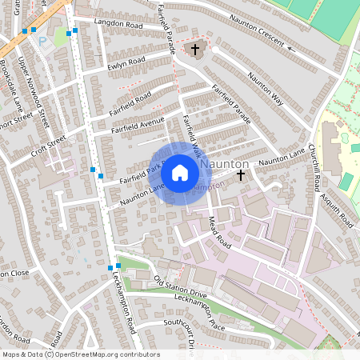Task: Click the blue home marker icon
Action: (x=180, y=173)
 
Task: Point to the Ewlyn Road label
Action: (x=126, y=62)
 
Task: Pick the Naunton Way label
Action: (x=266, y=89)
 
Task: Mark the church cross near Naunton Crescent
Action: (x=195, y=50)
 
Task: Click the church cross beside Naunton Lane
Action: (x=241, y=173)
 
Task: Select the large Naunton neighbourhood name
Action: (x=226, y=163)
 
